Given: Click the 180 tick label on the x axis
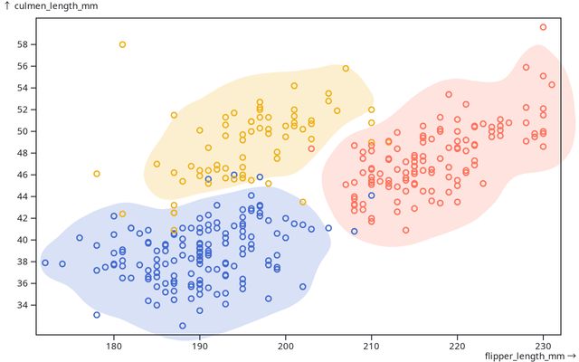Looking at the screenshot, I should click(114, 345).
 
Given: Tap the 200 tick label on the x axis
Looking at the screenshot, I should click(286, 345).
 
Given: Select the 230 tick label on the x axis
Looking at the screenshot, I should click(543, 345).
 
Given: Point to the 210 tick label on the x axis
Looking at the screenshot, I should click(372, 345).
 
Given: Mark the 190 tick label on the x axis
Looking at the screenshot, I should click(200, 345).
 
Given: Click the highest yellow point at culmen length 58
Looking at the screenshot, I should click(123, 44).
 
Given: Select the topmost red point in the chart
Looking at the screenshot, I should click(543, 27).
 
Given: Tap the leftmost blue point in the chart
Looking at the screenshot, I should click(45, 263).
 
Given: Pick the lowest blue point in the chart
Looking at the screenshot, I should click(183, 325).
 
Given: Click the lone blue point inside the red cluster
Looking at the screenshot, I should click(371, 195).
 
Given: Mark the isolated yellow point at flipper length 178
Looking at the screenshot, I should click(97, 174).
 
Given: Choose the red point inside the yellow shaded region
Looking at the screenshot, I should click(311, 148).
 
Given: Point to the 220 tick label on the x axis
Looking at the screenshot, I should click(458, 345).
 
